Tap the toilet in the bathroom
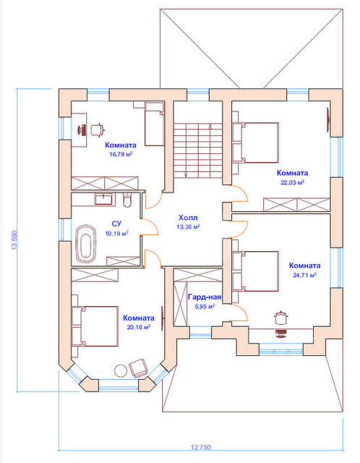127,200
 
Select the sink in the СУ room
103,199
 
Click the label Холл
188,218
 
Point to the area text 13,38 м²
188,226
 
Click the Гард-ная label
205,297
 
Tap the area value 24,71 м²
304,275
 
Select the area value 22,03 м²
292,182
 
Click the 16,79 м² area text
121,154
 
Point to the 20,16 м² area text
138,327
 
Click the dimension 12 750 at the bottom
201,447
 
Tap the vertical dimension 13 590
14,239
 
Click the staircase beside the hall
197,150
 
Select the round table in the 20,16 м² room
121,371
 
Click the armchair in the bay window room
138,368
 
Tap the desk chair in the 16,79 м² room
98,129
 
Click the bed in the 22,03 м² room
255,143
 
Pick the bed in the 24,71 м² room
255,271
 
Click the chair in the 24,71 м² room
280,318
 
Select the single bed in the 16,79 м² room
154,124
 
